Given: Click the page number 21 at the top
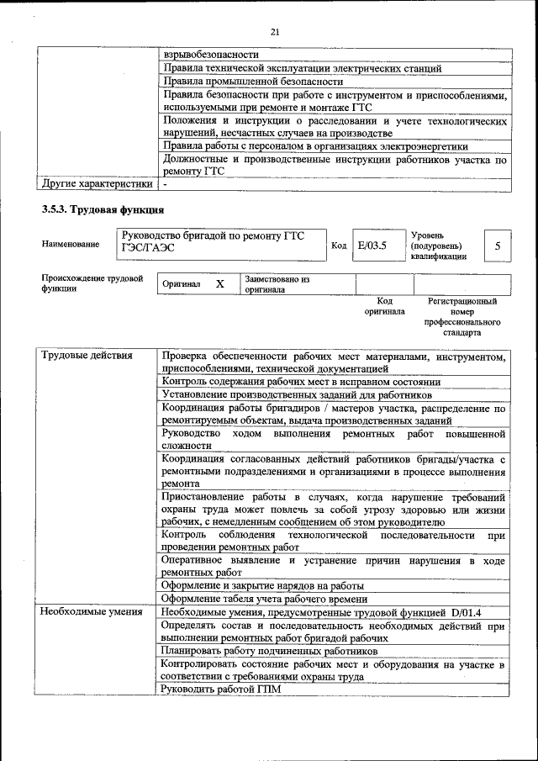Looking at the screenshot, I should click(x=274, y=32).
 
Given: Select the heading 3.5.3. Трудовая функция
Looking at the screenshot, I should click(x=103, y=209).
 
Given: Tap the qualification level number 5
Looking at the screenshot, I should click(x=498, y=246).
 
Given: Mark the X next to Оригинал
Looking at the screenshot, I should click(x=220, y=284).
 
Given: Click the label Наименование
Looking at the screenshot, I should click(x=70, y=245).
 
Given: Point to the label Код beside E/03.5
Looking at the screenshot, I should click(x=339, y=246).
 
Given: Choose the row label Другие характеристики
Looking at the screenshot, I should click(x=97, y=182).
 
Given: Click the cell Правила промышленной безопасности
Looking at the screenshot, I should click(x=252, y=82).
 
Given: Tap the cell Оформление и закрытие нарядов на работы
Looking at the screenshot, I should click(x=262, y=585).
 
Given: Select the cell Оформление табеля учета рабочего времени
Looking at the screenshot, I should click(x=265, y=599).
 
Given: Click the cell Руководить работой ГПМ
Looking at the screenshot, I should click(x=221, y=690).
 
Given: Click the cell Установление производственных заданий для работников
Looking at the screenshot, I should click(x=297, y=394).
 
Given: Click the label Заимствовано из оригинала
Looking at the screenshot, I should click(x=277, y=284).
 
